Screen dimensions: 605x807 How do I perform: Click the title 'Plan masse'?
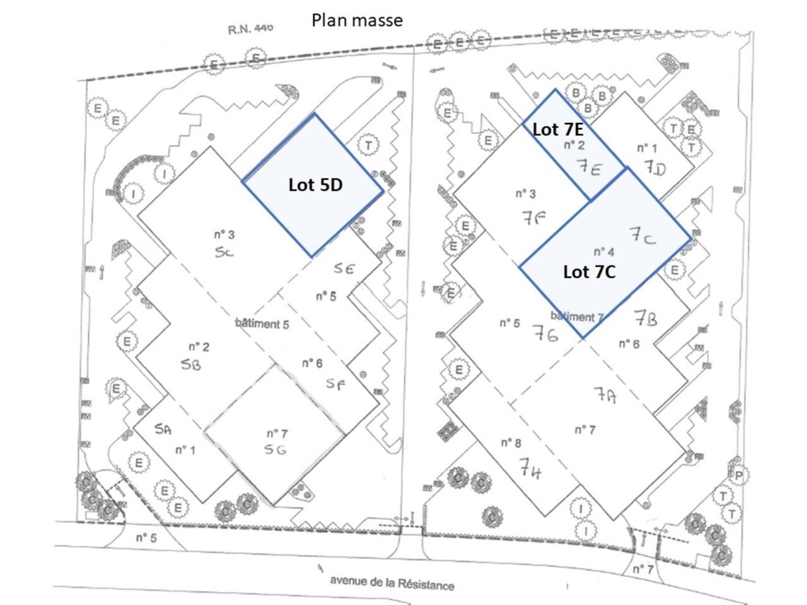357,20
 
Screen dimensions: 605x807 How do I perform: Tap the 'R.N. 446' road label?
250,29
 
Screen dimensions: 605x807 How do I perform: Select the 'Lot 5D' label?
315,185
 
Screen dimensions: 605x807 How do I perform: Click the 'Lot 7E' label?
557,129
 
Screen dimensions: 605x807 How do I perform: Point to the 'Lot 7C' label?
589,272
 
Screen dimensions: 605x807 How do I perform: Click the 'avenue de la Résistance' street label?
392,583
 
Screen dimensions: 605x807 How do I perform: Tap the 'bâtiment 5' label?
262,324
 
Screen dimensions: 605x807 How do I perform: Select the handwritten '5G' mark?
276,450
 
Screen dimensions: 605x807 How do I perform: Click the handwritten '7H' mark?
531,469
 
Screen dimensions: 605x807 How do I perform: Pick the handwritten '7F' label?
533,217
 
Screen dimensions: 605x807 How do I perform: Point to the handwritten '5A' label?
163,429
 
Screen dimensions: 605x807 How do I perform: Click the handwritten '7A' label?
605,395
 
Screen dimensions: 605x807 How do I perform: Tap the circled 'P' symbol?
738,475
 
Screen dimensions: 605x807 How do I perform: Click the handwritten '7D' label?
655,168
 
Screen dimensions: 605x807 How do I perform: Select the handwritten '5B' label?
190,364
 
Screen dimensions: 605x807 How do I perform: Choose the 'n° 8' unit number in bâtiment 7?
511,443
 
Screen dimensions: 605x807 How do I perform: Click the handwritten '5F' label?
335,383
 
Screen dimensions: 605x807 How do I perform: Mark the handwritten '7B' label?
645,318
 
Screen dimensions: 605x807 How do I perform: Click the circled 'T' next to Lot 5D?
368,146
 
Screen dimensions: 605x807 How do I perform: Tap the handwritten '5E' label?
344,268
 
